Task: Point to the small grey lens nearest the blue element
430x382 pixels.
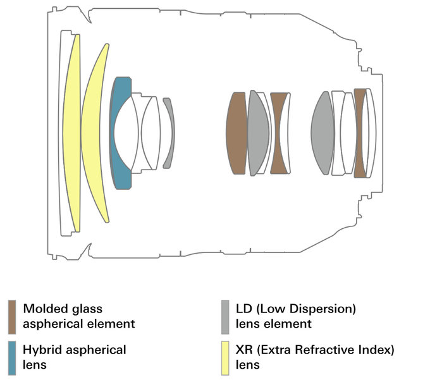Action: pyautogui.click(x=169, y=133)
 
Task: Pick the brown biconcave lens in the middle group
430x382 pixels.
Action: pyautogui.click(x=279, y=133)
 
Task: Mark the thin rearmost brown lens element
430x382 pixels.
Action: pyautogui.click(x=359, y=133)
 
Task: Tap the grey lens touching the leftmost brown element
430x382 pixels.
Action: pyautogui.click(x=257, y=133)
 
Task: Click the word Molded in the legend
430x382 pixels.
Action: pyautogui.click(x=43, y=309)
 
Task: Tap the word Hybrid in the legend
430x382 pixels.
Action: pyautogui.click(x=40, y=349)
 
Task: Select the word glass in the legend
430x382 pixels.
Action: pyautogui.click(x=87, y=309)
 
